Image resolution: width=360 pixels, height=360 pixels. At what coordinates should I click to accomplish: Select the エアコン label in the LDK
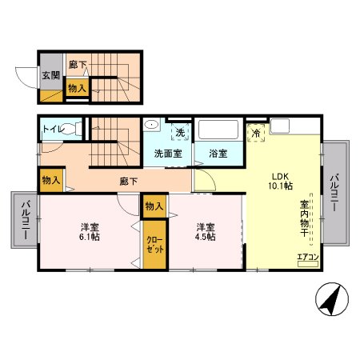pos(308,257)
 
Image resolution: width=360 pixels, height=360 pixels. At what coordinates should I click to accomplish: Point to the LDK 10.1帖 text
pos(278,181)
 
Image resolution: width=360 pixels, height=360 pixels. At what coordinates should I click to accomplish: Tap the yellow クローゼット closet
pos(153,244)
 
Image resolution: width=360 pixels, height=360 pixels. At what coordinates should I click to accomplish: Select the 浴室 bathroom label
pos(219,153)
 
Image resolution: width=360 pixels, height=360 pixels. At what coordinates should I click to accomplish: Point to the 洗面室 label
pos(167,153)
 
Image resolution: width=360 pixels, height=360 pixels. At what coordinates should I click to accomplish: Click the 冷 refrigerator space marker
pos(257,131)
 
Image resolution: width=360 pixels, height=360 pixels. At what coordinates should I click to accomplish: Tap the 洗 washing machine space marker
pos(180,131)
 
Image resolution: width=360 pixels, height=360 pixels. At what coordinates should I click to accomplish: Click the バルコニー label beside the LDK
pos(335,194)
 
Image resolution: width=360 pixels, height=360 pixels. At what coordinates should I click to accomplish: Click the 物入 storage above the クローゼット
pos(154,206)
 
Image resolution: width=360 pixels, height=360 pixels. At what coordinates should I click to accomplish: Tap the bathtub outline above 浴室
pos(219,131)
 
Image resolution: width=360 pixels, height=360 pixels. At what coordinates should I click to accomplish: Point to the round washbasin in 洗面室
pos(150,127)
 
